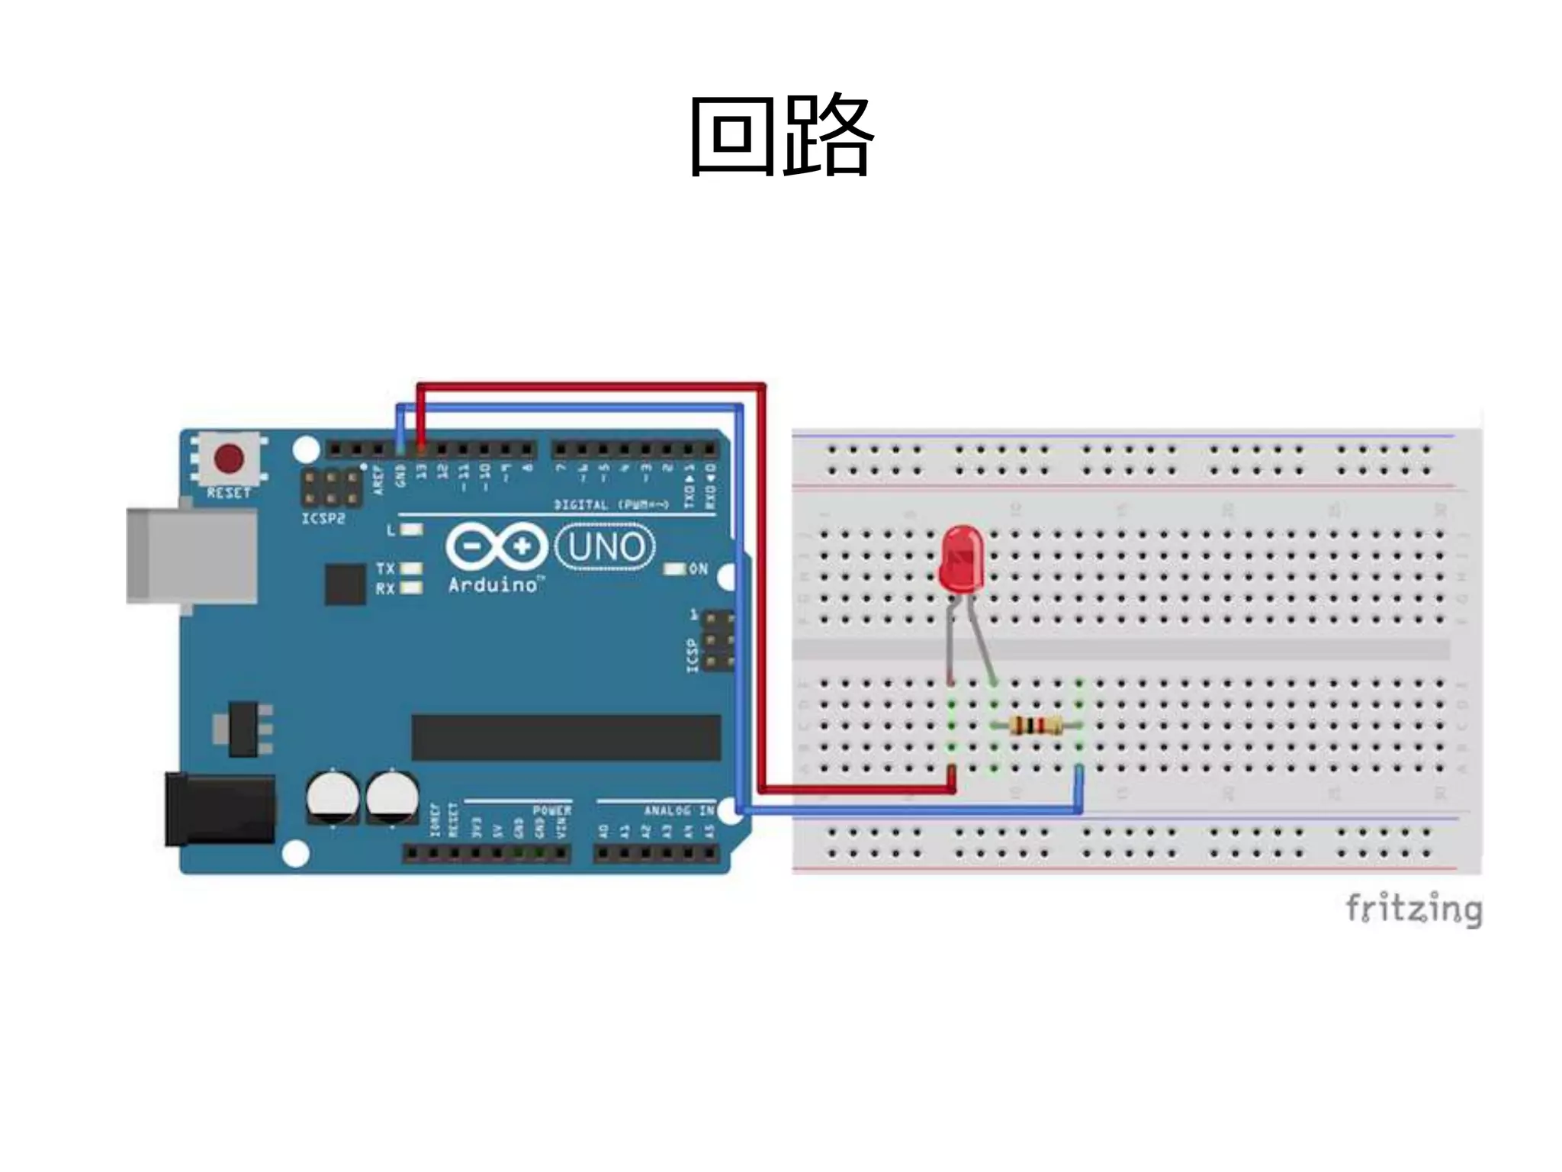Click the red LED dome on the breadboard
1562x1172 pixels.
[962, 559]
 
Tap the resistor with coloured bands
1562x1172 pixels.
[1035, 726]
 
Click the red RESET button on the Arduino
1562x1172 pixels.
[229, 458]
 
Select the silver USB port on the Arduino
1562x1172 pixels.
[191, 555]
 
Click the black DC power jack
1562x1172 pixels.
[220, 810]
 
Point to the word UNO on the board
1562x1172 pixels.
[606, 547]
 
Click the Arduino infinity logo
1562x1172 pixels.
[497, 546]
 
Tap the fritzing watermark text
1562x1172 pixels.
[1413, 909]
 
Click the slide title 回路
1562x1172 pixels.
[780, 136]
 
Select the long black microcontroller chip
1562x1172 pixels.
[566, 738]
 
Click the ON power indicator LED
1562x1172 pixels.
[675, 569]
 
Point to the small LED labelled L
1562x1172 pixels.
[412, 530]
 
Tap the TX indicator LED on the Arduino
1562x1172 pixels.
[411, 568]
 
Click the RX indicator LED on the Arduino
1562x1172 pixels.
[411, 588]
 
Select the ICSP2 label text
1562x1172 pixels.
[323, 519]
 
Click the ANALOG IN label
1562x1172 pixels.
[679, 810]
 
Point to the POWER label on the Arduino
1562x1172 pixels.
[551, 810]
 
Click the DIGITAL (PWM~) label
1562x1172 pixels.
[611, 504]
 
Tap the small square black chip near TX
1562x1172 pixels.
[345, 584]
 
